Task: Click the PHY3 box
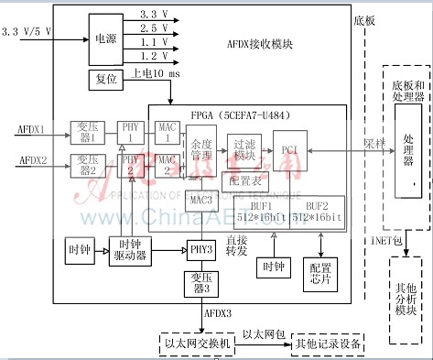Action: click(200, 248)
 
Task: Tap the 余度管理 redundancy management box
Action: click(202, 150)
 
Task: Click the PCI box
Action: click(289, 149)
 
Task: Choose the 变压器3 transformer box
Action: click(200, 282)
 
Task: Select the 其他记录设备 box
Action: click(327, 344)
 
